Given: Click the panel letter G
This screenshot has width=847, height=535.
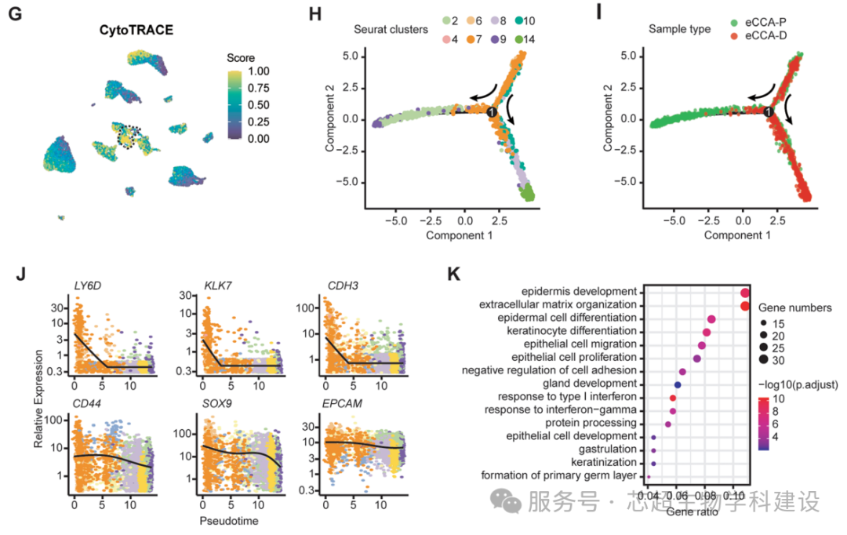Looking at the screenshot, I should [x=15, y=15].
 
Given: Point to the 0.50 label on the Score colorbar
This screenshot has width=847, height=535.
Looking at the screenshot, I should [x=237, y=105].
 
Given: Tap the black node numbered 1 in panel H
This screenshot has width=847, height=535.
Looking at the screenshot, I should [x=492, y=113].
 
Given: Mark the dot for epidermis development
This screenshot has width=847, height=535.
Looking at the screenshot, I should [x=744, y=293].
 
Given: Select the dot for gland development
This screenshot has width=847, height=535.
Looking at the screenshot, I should [x=678, y=384].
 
